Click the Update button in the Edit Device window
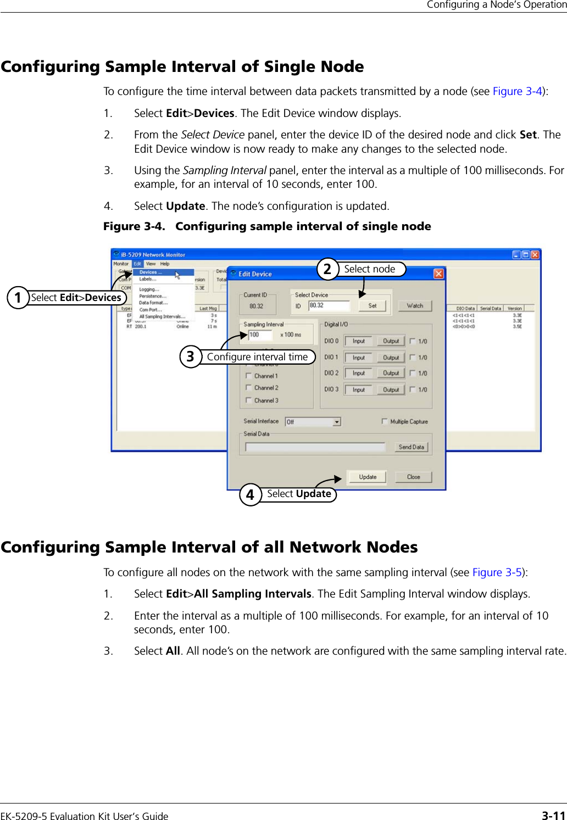click(368, 477)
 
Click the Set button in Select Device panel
click(372, 306)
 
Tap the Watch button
click(415, 306)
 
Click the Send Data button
click(411, 447)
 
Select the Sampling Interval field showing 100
click(260, 334)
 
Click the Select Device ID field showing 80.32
click(329, 305)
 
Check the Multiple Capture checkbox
click(385, 421)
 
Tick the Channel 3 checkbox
click(249, 400)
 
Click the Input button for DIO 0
click(359, 341)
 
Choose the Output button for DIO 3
click(391, 390)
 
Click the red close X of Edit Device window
click(438, 274)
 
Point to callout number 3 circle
click(190, 357)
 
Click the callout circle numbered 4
click(250, 494)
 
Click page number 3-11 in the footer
click(553, 816)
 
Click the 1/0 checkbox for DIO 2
click(412, 373)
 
